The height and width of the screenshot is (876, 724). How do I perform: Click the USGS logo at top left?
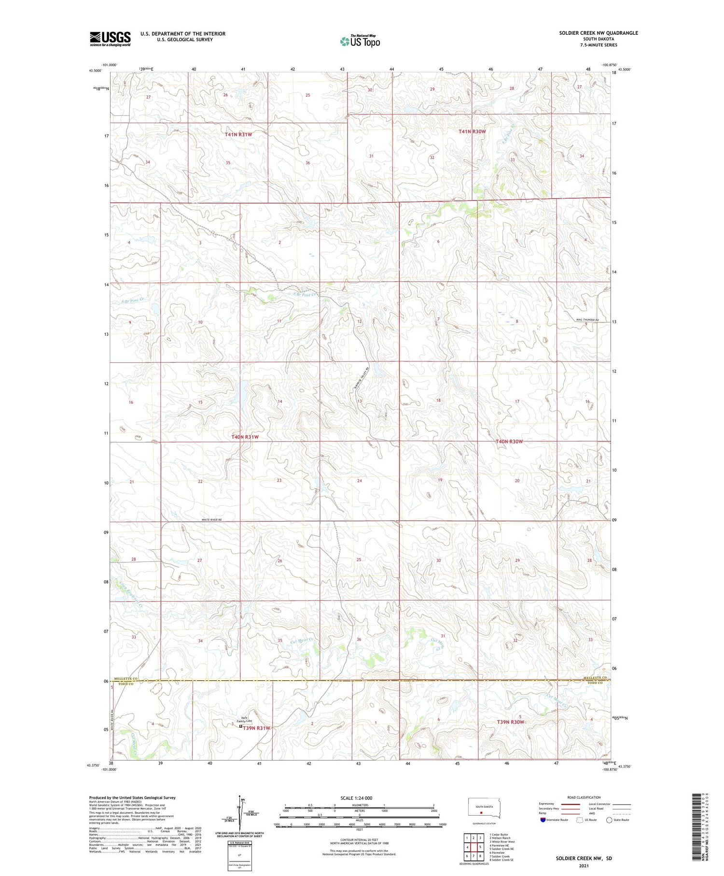110,39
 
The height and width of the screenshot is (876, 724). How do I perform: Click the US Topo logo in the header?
360,42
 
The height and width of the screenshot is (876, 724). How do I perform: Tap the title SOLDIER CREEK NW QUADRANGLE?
598,33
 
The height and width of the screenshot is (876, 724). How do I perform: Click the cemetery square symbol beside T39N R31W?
241,725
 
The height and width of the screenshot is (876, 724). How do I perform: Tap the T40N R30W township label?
509,442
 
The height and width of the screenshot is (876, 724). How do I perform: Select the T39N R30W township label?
510,722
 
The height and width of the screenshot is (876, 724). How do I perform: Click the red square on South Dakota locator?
481,812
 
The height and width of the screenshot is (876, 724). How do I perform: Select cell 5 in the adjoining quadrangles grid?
480,847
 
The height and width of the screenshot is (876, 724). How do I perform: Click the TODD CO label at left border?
126,684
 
